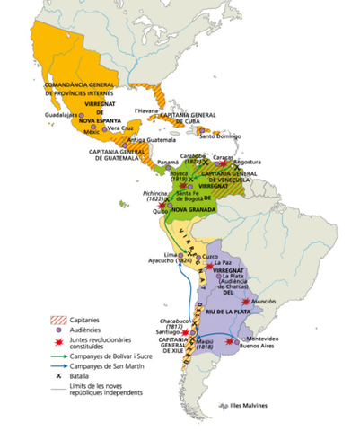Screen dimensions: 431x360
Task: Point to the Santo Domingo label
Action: click(x=219, y=136)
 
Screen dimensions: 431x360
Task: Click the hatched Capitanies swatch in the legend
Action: click(x=56, y=318)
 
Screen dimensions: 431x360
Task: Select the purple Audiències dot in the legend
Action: click(x=57, y=330)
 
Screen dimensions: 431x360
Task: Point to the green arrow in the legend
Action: click(x=56, y=355)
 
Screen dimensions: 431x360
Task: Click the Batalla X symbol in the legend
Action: click(x=57, y=376)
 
